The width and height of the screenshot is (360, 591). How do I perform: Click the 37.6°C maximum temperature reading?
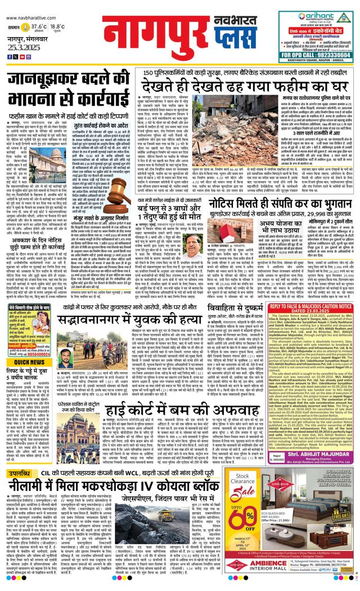[39, 26]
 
